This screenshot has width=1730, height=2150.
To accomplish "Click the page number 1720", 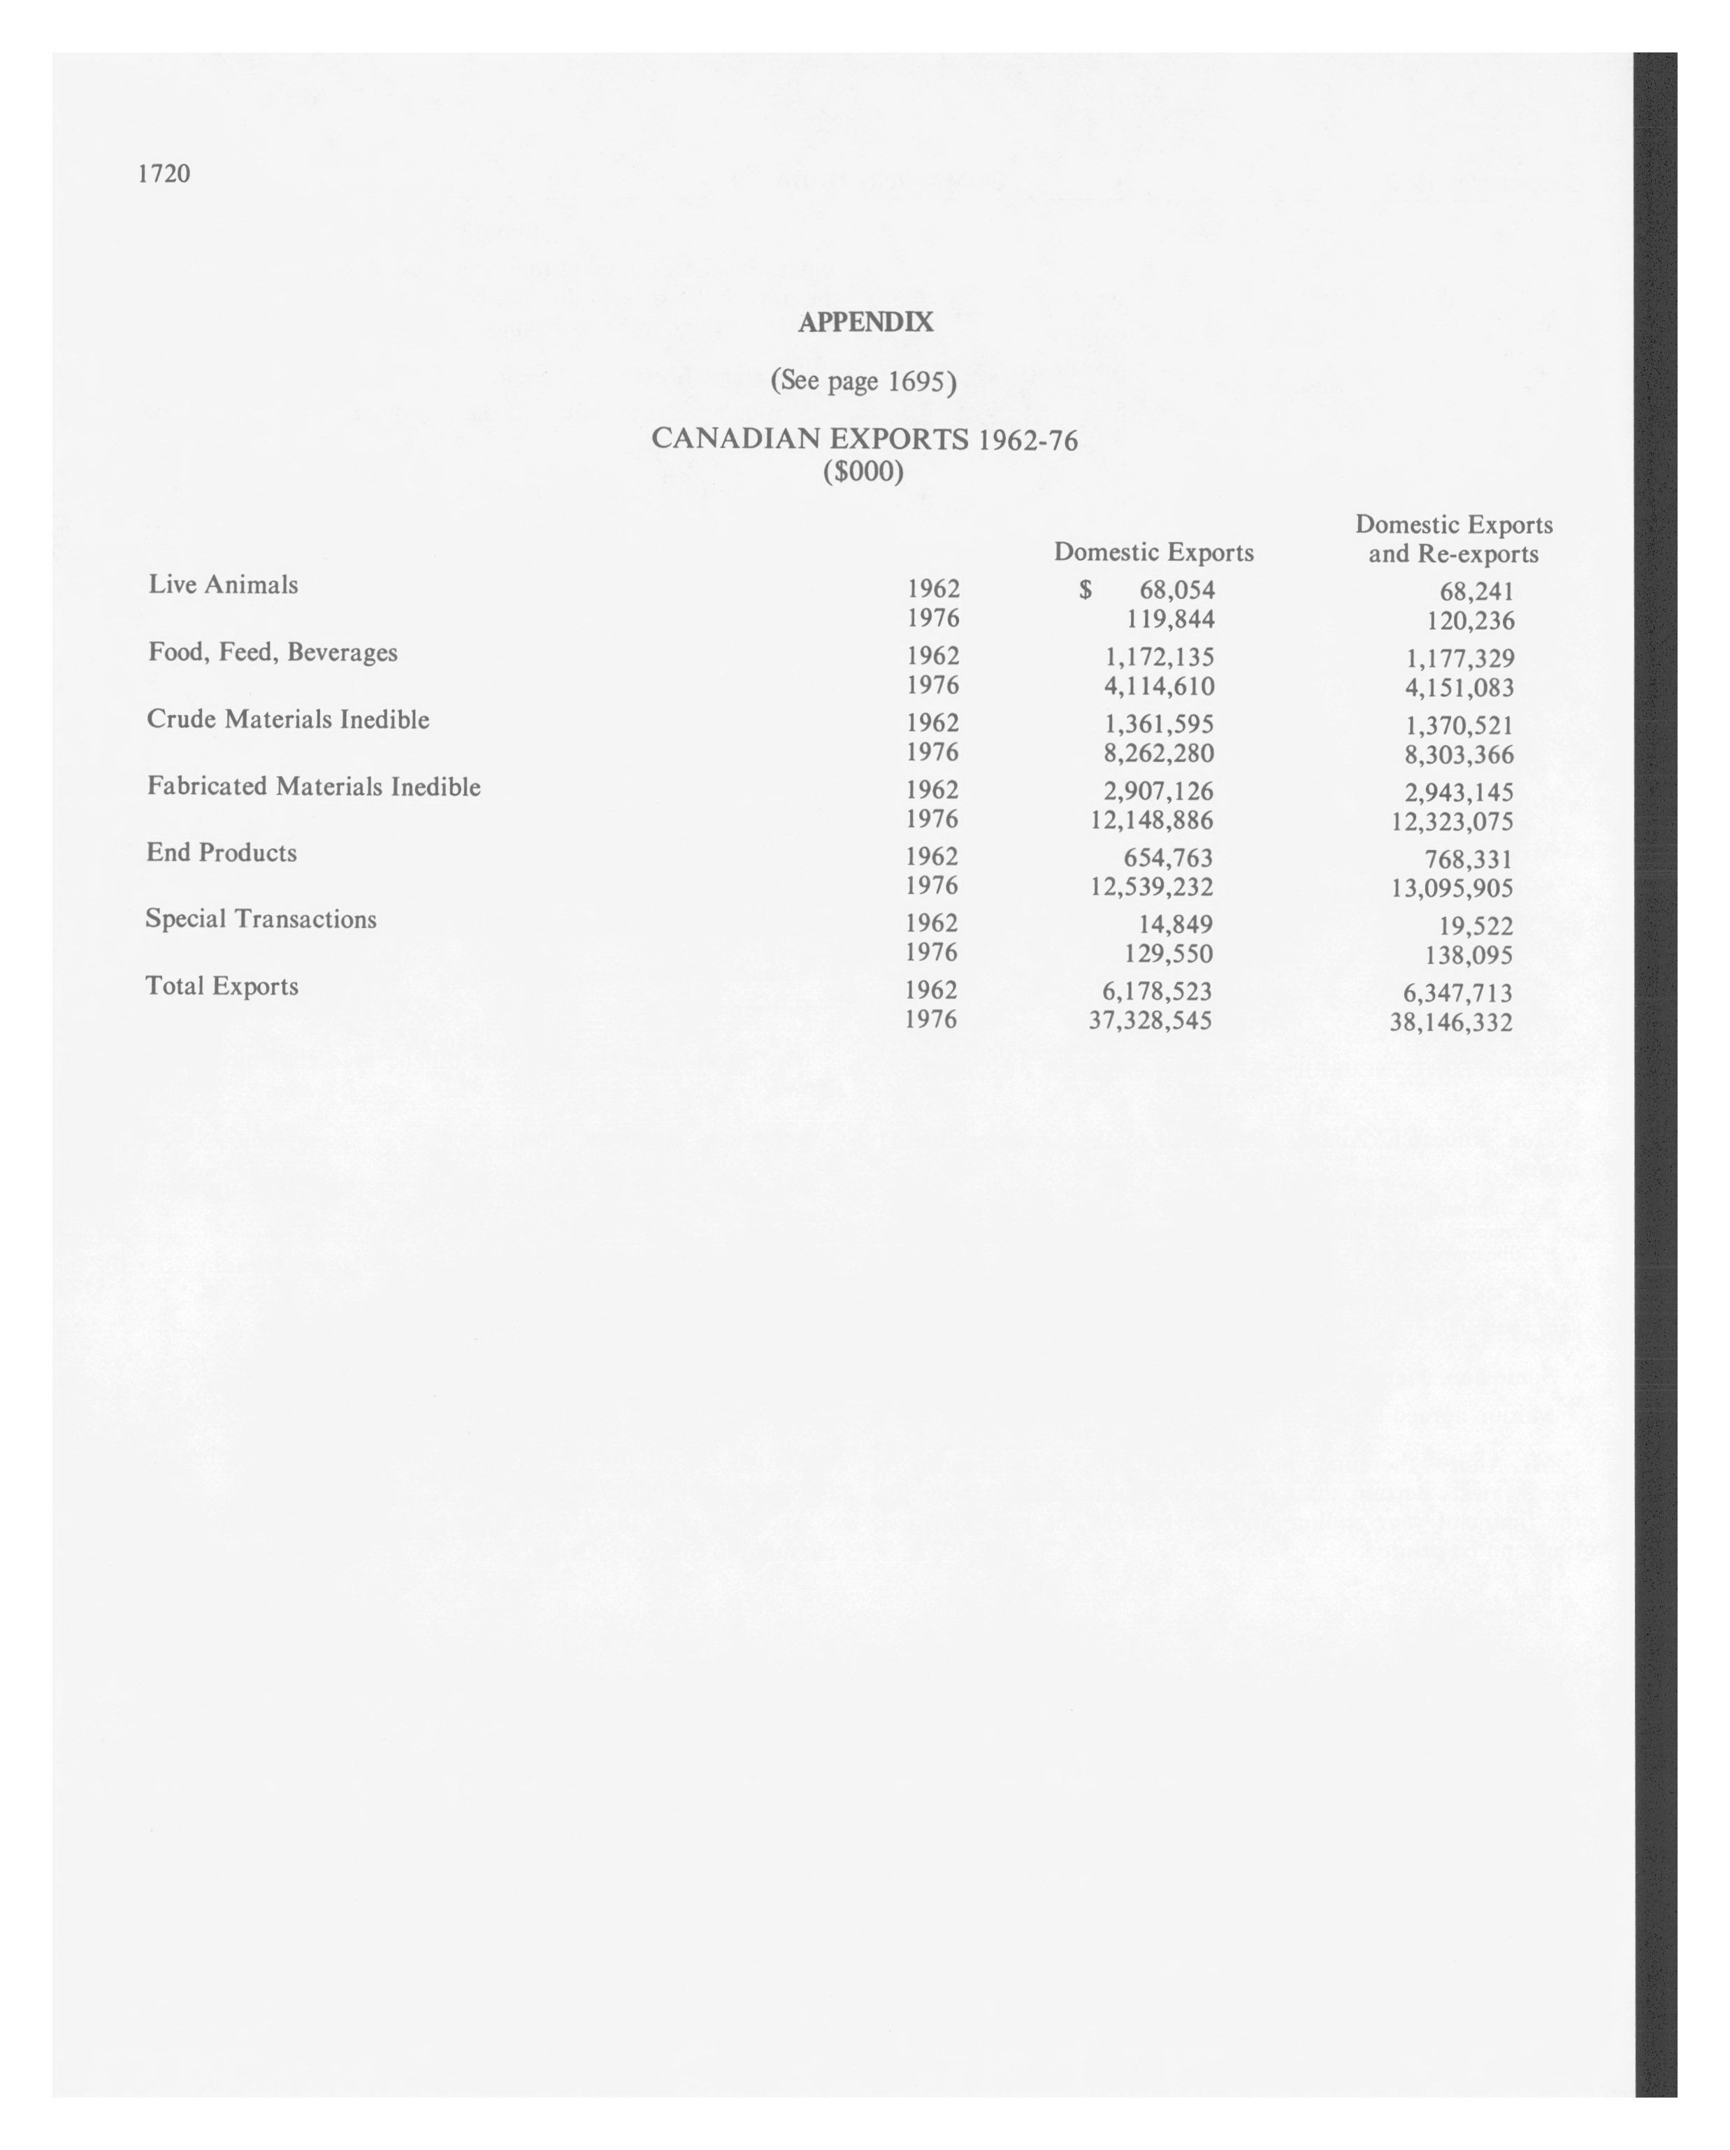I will (164, 173).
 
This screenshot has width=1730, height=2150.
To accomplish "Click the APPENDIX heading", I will (865, 322).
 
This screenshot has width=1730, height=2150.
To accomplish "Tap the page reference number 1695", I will (916, 381).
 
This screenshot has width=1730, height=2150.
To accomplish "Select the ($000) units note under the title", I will (863, 470).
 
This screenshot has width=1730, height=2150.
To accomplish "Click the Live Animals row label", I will (224, 584).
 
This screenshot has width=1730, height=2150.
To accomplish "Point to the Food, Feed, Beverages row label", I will (272, 652).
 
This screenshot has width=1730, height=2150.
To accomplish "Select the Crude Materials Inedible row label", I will (288, 719).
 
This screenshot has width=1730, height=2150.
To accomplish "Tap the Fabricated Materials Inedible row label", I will (313, 787).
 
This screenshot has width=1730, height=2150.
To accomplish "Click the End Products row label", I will (222, 853).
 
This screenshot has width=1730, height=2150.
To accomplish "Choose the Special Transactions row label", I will (261, 918).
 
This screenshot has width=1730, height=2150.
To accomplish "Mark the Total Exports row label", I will (222, 986).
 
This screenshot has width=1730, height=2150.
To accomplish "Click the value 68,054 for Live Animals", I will (1176, 591).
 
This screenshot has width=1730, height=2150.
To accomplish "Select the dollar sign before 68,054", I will (1085, 591).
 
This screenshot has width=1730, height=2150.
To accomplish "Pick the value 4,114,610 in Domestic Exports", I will (1159, 686).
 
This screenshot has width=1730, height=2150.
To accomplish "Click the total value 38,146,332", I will (1451, 1022).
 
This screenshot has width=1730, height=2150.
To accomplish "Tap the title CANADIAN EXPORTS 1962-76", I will (863, 439).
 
